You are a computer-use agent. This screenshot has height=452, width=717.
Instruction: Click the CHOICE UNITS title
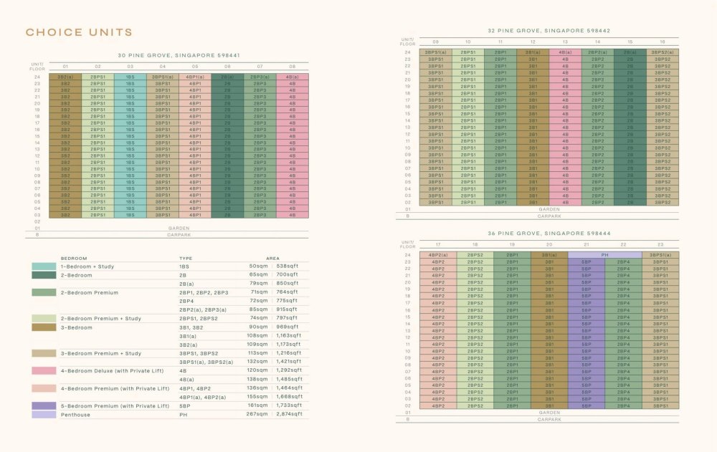click(79, 32)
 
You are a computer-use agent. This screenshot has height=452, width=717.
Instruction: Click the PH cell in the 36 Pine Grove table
click(604, 255)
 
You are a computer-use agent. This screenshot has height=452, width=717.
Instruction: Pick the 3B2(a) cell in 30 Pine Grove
click(65, 77)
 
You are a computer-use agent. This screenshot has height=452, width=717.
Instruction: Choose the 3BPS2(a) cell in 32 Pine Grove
click(660, 52)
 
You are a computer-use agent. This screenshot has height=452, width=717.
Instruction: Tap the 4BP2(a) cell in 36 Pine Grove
click(438, 255)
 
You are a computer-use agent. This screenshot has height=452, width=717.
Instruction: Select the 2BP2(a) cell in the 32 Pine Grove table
click(597, 52)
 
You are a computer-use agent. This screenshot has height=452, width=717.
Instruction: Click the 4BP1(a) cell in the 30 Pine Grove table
click(195, 77)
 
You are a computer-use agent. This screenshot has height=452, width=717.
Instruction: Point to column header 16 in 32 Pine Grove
click(660, 42)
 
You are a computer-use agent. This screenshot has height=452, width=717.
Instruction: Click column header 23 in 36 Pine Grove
click(660, 245)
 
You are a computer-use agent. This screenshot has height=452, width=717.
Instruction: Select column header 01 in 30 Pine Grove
click(65, 67)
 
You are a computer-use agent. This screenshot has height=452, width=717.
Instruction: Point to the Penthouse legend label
click(75, 415)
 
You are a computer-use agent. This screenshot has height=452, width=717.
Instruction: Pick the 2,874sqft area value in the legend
click(290, 415)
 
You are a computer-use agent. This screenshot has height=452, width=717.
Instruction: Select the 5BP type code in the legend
click(184, 406)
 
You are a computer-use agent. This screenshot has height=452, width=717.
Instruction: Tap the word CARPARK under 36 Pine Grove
click(549, 420)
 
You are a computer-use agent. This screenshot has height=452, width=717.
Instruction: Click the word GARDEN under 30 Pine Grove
click(179, 229)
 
